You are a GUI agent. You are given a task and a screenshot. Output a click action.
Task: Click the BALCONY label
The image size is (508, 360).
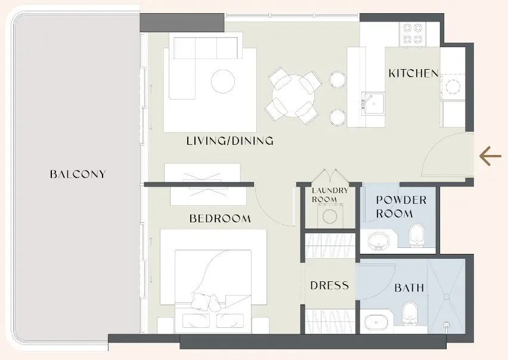tap(78, 175)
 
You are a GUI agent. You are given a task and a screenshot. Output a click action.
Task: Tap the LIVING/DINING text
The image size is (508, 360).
tap(230, 141)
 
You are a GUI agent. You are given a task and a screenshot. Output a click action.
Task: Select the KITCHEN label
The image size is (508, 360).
tap(413, 74)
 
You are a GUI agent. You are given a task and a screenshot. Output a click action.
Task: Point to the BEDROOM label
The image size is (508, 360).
tap(220, 219)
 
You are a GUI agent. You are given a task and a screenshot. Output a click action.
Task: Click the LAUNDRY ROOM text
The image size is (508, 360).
tap(330, 195)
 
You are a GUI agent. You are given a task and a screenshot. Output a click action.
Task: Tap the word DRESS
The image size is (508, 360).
tap(329, 286)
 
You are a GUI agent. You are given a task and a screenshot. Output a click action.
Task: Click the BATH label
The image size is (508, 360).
tap(409, 288)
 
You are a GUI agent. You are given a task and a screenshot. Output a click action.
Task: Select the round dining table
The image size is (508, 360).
tap(293, 94)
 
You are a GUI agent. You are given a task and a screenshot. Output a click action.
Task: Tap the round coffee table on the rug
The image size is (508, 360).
tap(223, 81)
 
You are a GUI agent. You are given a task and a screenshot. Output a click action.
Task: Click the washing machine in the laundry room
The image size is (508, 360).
tap(330, 216)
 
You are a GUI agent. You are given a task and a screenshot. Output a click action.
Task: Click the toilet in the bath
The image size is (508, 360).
tap(409, 312)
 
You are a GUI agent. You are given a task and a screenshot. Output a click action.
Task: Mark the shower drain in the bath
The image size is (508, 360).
tap(447, 325)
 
